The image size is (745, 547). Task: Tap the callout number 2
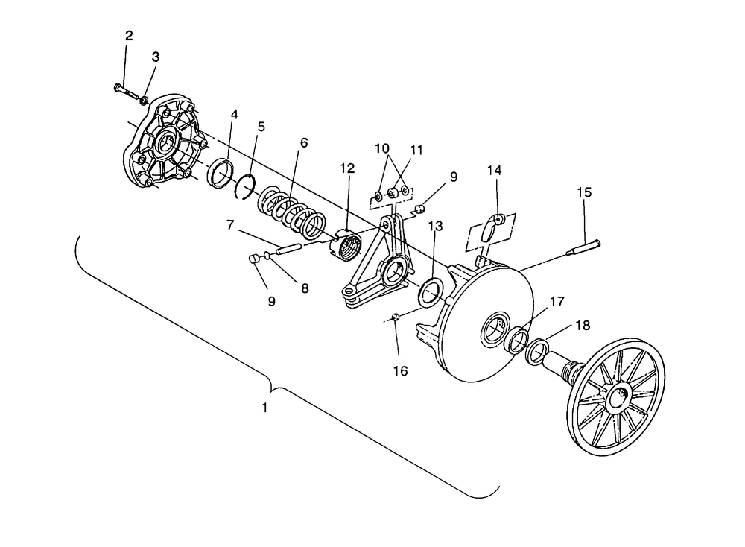[129, 36]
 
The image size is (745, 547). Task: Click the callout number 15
[584, 192]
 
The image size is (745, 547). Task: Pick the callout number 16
[400, 370]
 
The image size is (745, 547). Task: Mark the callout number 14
[495, 171]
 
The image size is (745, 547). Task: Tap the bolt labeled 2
[127, 92]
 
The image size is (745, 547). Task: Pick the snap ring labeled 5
[244, 188]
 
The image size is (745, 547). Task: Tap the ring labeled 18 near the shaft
[537, 350]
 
